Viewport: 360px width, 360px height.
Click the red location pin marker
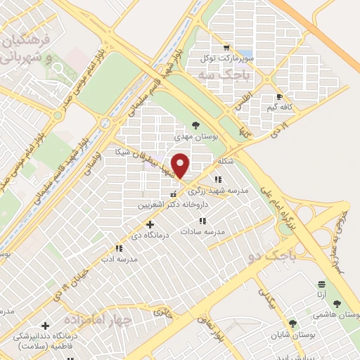click(181, 165)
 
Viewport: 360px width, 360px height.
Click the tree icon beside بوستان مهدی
click(195, 124)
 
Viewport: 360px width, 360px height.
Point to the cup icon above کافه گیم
click(279, 97)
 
